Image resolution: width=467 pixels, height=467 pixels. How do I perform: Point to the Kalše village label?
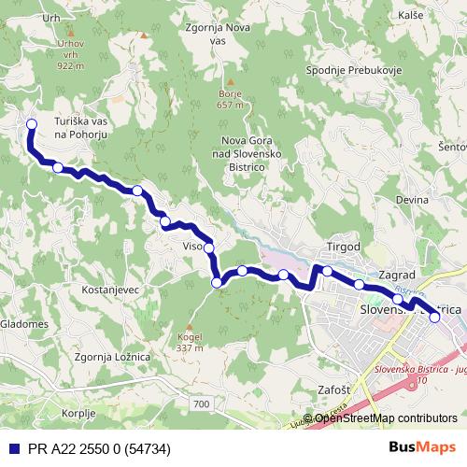pyautogui.click(x=409, y=17)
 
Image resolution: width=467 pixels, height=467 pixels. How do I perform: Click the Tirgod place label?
pyautogui.click(x=342, y=246)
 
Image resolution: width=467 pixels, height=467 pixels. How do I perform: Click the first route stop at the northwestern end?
pyautogui.click(x=31, y=124)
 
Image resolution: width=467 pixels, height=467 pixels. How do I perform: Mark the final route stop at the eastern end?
pyautogui.click(x=434, y=318)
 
